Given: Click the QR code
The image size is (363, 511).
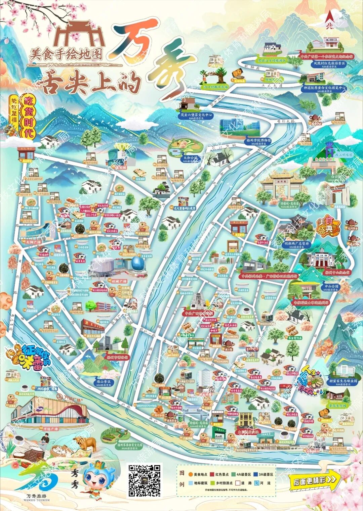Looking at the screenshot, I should pos(145,480).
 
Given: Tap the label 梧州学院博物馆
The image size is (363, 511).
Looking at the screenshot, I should pos(258,140).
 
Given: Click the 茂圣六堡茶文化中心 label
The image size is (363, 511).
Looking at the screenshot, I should pos(196,115).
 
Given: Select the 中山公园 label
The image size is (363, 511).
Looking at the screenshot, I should pos(331,286).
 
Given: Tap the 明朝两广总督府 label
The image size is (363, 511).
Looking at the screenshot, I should pos(296,243).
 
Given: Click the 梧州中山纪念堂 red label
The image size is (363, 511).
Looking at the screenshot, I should pos(337,272).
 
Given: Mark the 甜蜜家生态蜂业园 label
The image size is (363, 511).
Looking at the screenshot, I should pos(343,381).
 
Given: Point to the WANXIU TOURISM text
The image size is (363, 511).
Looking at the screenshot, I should pos(38,500).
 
